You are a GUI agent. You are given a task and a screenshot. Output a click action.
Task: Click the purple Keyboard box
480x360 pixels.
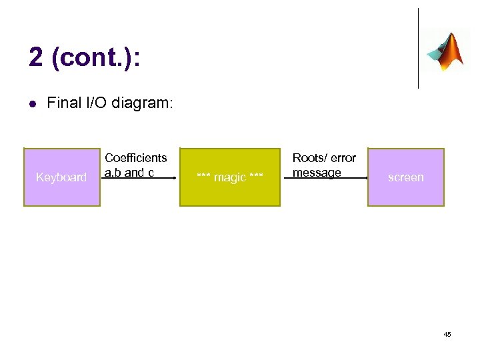point(61,177)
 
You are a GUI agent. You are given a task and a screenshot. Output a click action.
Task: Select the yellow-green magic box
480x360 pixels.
point(230,177)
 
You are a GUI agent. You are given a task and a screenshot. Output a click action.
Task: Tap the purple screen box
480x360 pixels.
point(405,177)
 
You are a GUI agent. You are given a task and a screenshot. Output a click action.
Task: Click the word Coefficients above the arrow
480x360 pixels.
point(136,158)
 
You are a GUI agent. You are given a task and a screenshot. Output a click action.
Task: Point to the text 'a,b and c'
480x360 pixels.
point(129,173)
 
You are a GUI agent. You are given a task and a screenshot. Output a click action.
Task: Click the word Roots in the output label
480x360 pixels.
point(308,158)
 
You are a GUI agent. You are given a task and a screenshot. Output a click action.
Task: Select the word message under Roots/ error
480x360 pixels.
point(317,173)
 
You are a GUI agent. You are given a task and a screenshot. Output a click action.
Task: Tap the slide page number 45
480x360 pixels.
point(447,334)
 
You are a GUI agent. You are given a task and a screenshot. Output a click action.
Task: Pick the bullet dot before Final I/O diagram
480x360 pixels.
point(31,103)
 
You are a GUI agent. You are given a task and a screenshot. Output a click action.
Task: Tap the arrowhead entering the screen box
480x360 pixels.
point(365,179)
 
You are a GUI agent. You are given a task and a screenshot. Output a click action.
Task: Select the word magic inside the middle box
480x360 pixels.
point(230,177)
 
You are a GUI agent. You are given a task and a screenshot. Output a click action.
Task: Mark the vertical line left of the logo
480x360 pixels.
point(418,48)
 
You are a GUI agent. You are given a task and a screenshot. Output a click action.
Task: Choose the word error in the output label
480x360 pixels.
point(343,158)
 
